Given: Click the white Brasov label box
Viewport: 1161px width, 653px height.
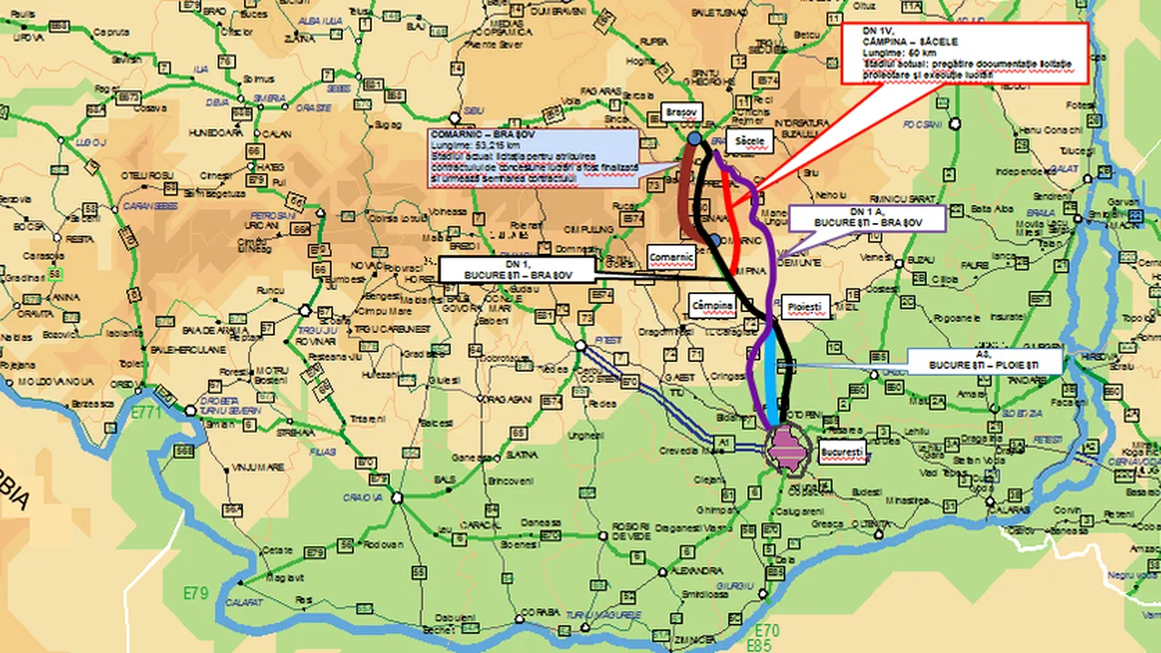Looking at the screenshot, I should pos(679,110).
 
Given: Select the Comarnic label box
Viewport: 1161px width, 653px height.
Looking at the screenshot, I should pos(671,258).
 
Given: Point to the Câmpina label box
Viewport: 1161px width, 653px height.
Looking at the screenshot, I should pos(712,307).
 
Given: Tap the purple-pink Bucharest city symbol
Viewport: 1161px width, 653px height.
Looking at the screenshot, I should pos(785,447).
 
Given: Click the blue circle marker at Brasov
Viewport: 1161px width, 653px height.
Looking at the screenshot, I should pos(694,139).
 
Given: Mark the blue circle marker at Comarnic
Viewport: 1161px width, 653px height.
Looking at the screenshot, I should pos(716,240).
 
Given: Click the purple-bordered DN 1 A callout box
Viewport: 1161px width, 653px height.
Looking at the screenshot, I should pos(867,219).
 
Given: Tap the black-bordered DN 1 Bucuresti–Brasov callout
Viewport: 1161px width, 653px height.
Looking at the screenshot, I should pos(516,268).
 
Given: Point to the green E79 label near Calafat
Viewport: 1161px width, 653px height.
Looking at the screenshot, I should pos(195,594).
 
